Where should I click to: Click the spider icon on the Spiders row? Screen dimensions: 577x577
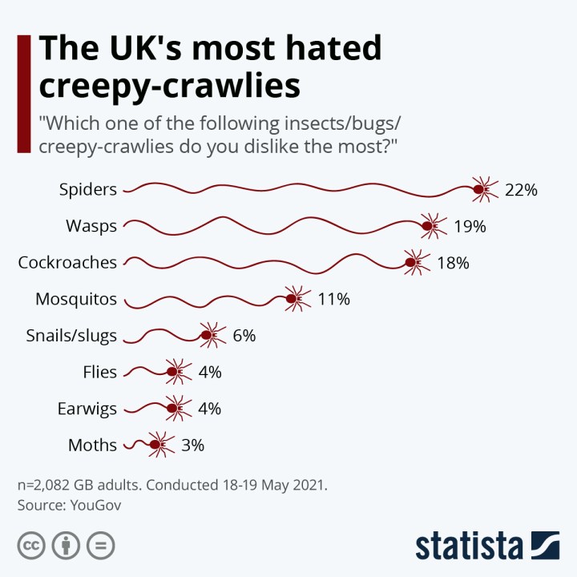pyautogui.click(x=483, y=190)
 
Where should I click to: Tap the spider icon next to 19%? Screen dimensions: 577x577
pyautogui.click(x=432, y=227)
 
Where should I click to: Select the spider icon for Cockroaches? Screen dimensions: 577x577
pyautogui.click(x=415, y=262)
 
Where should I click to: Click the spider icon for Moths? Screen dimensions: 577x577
pyautogui.click(x=159, y=445)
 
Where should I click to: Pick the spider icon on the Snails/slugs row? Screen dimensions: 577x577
pyautogui.click(x=211, y=336)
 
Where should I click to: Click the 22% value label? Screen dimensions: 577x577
pyautogui.click(x=521, y=190)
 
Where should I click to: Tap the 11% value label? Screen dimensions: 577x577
pyautogui.click(x=334, y=300)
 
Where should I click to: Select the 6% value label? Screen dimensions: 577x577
pyautogui.click(x=244, y=336)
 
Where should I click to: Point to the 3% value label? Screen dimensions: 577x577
pyautogui.click(x=192, y=445)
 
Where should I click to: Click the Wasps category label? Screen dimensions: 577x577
pyautogui.click(x=91, y=226)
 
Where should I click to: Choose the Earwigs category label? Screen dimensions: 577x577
pyautogui.click(x=87, y=409)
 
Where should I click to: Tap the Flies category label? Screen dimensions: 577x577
pyautogui.click(x=99, y=372)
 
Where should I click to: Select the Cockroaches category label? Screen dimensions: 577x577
pyautogui.click(x=67, y=262)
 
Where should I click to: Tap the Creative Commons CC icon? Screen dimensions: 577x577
pyautogui.click(x=31, y=546)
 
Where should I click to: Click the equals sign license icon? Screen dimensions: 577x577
pyautogui.click(x=101, y=546)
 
